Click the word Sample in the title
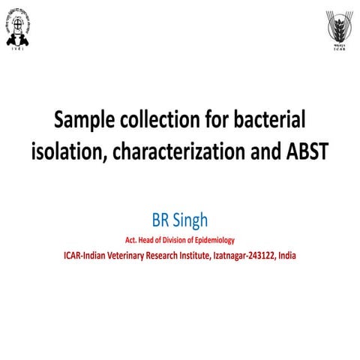pos(85,121)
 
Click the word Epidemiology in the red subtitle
pos(213,240)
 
